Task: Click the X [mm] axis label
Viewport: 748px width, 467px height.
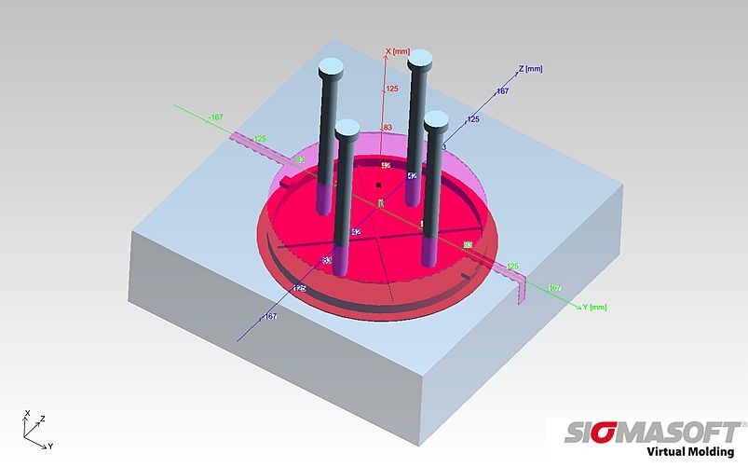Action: point(401,52)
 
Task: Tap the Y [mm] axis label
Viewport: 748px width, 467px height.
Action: point(595,307)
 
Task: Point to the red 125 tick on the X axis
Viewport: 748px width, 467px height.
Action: point(392,89)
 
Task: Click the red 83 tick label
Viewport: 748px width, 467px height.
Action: point(388,127)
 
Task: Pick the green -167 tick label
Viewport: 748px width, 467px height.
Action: point(215,117)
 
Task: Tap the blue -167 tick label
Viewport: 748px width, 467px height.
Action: point(270,317)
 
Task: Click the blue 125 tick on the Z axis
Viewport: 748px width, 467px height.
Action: point(473,119)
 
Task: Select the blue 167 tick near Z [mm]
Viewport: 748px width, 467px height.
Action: point(502,91)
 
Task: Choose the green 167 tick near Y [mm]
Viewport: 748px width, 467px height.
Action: point(555,287)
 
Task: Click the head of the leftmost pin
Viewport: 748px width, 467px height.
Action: point(332,67)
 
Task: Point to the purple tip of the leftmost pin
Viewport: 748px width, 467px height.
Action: point(323,196)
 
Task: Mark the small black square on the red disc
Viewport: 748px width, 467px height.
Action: point(379,186)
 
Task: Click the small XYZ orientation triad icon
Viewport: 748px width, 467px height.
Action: point(34,428)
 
